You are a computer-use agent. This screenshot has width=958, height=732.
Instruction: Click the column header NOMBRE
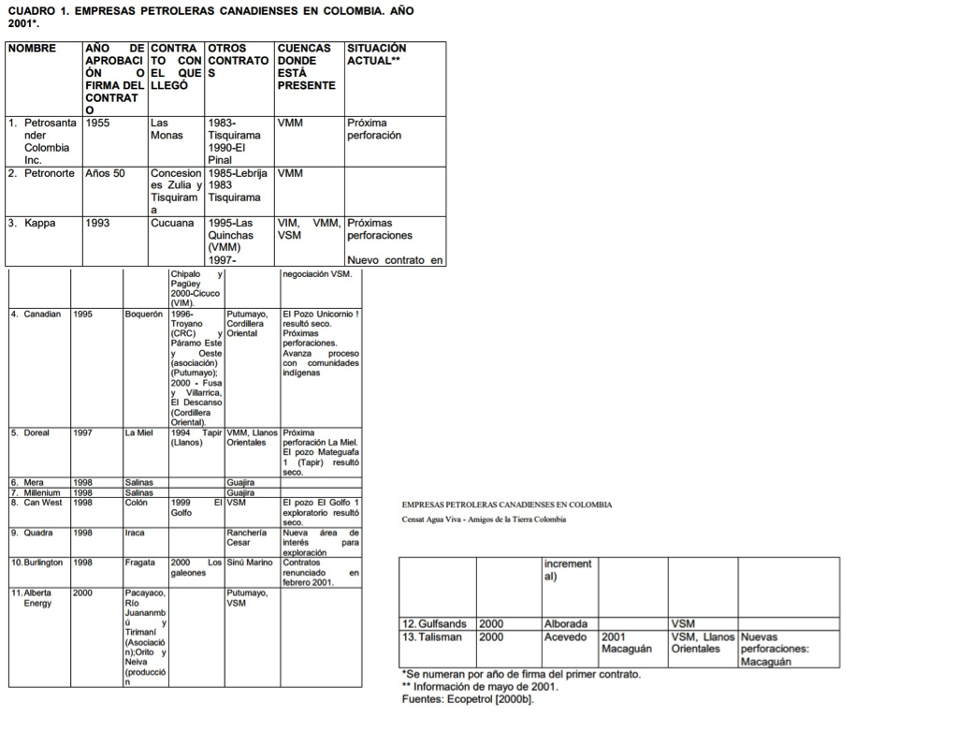click(x=32, y=48)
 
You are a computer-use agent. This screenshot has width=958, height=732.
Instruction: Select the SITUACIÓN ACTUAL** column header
click(x=377, y=54)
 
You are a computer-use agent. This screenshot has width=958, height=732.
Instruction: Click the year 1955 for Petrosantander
click(x=98, y=123)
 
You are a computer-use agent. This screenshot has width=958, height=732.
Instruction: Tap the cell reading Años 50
click(x=105, y=173)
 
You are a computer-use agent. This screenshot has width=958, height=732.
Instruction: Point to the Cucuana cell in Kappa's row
click(x=172, y=224)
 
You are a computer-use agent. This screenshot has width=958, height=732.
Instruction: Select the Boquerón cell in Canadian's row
click(x=145, y=315)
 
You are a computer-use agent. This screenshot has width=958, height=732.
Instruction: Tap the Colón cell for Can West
click(x=136, y=503)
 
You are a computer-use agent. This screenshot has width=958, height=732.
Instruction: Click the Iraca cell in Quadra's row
click(x=135, y=533)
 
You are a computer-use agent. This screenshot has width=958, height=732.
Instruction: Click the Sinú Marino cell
click(x=249, y=563)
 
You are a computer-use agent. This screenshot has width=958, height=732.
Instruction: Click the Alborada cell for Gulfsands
click(x=565, y=623)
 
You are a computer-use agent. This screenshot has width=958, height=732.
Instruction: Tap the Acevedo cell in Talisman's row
click(x=564, y=637)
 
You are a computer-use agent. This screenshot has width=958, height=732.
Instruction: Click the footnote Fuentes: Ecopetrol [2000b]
click(x=468, y=699)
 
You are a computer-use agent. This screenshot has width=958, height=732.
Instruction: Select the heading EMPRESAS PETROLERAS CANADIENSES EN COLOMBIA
click(x=506, y=505)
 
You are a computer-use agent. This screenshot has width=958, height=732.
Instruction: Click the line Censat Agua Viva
click(x=484, y=520)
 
